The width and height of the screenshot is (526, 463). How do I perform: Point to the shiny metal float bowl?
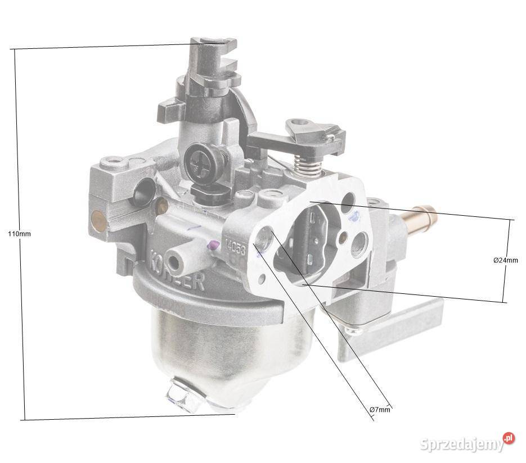click(x=225, y=348)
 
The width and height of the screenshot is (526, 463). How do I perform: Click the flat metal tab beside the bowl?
click(x=388, y=332)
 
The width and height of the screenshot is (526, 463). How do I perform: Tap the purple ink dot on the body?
click(x=213, y=244)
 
